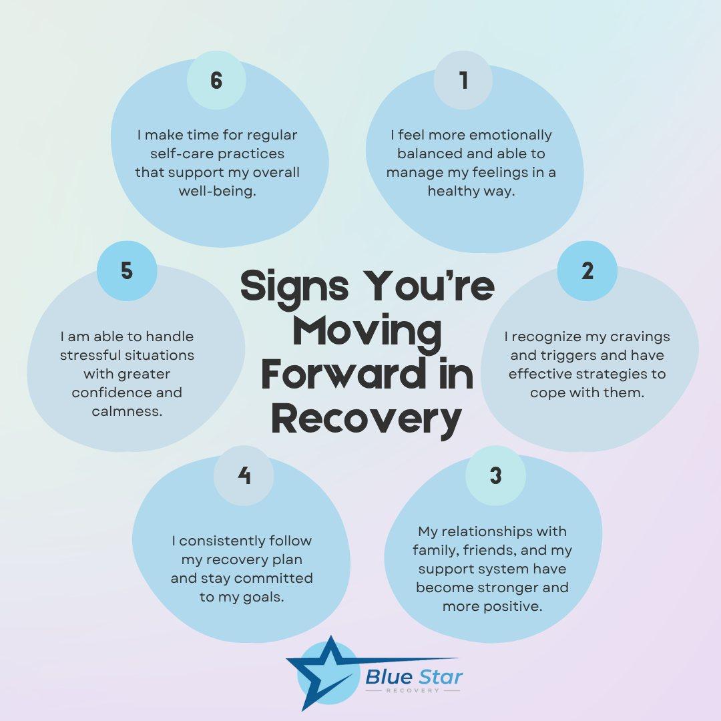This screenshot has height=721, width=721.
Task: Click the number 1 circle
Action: [463, 81]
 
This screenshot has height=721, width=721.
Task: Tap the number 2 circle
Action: [587, 271]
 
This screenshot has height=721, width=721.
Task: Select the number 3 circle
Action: [495, 475]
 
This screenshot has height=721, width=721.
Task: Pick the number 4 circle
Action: [244, 475]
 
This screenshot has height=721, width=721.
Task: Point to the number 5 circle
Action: [127, 271]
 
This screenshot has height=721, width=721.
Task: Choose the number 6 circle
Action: [216, 81]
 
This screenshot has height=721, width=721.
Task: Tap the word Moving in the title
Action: [367, 331]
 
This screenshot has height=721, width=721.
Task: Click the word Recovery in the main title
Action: [367, 419]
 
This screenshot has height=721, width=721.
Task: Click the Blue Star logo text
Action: [414, 677]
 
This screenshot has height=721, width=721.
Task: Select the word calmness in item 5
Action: [127, 411]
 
